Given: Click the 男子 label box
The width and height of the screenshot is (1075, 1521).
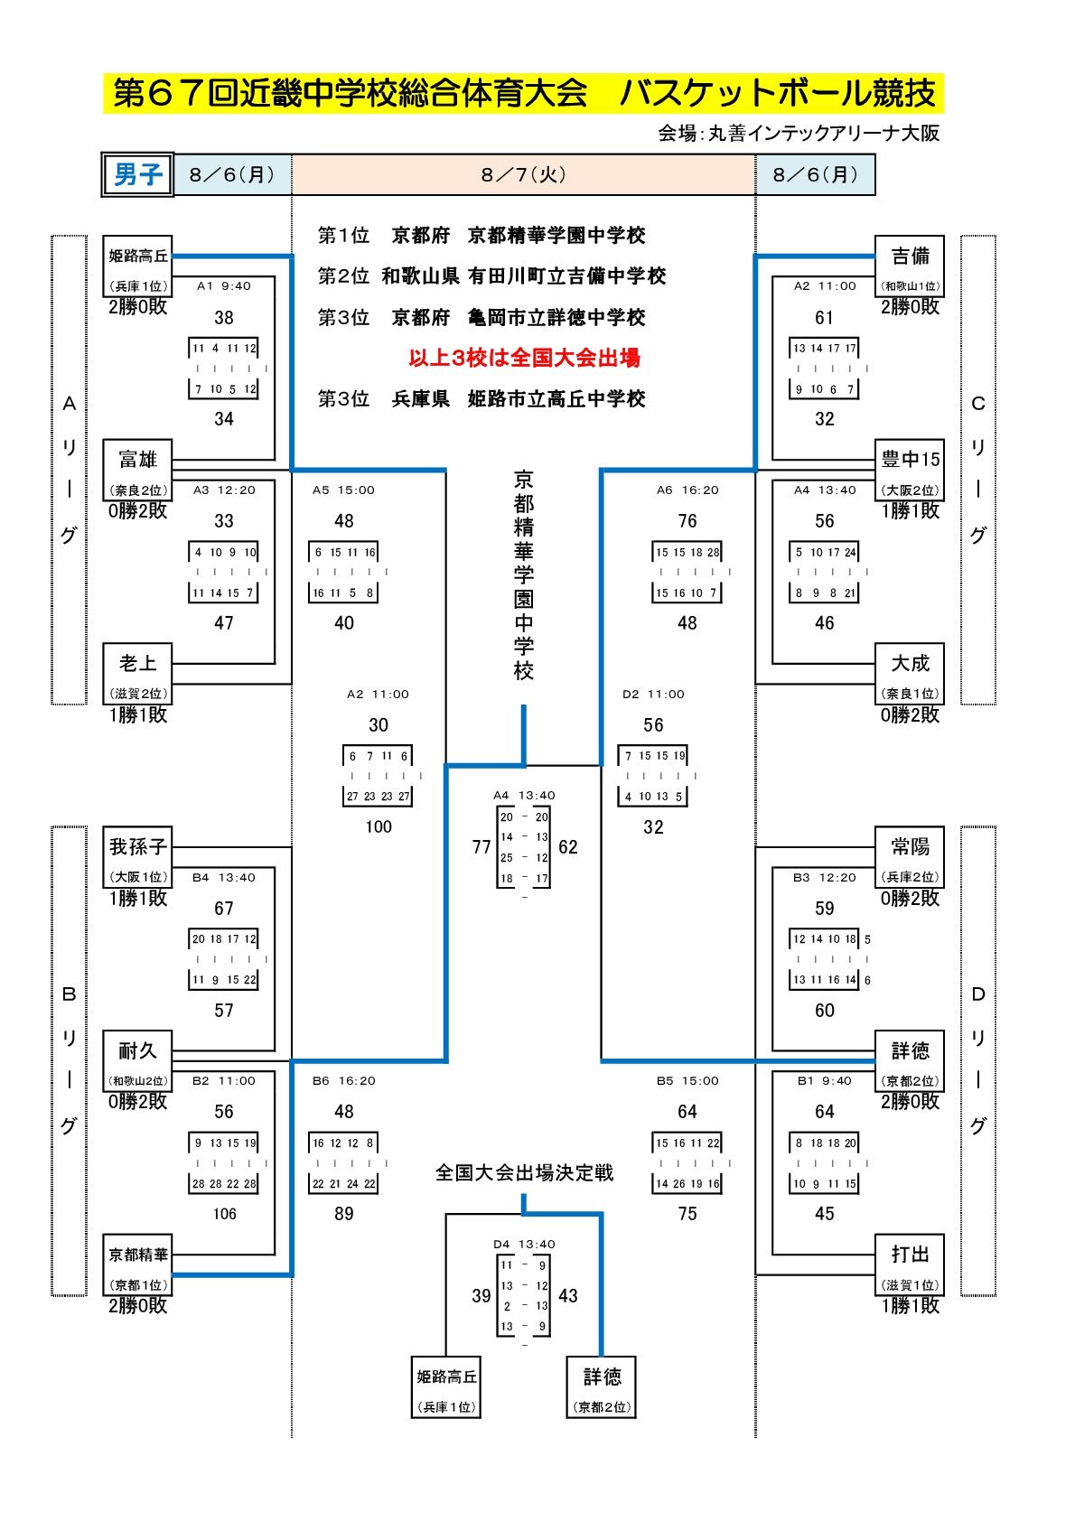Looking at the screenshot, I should [x=136, y=174].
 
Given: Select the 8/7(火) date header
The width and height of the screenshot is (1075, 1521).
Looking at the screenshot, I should [x=523, y=174].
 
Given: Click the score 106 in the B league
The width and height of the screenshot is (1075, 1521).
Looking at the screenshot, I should [x=224, y=1214].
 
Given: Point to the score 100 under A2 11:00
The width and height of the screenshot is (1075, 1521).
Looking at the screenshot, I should [x=379, y=826].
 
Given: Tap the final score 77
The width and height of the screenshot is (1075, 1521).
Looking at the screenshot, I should [x=481, y=847].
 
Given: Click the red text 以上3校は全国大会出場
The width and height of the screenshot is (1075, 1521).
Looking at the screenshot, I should [x=524, y=359].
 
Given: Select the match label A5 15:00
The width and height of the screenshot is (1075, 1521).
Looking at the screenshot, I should [x=343, y=490].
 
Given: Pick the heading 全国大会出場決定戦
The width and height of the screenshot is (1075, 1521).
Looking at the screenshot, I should [x=524, y=1172].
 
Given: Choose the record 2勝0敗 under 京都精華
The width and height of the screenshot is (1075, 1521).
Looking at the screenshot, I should [x=137, y=1305].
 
